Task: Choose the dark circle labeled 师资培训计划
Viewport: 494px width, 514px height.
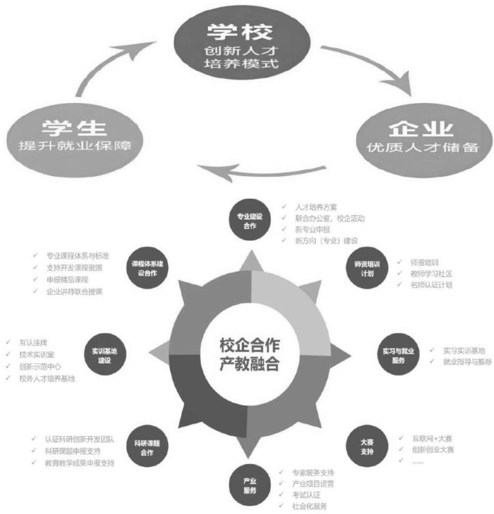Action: [x=368, y=267]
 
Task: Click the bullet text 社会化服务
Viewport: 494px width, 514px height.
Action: [x=311, y=506]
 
